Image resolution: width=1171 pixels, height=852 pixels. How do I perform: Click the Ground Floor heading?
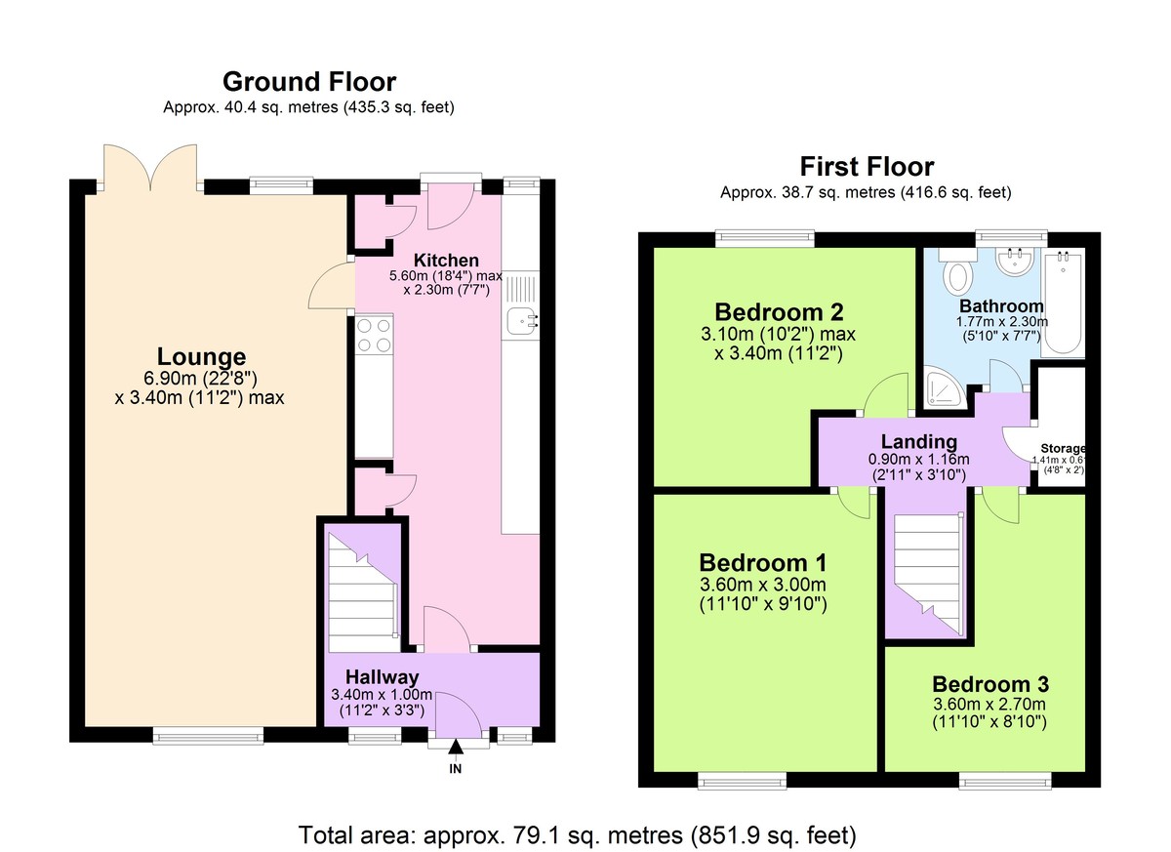click(309, 82)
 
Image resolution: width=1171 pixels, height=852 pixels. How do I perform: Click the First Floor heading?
click(867, 167)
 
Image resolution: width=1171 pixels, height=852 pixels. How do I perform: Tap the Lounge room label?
click(201, 357)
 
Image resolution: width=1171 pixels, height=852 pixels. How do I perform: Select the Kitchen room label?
click(446, 260)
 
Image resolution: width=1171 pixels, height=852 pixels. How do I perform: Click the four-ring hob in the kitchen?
click(374, 335)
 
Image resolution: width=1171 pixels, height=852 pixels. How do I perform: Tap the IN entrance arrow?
click(456, 747)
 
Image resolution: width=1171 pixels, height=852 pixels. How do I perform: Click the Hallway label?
click(383, 677)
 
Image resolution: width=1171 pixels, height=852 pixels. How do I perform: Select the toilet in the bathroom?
click(957, 270)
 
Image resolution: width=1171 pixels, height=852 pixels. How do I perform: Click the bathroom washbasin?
click(1014, 261)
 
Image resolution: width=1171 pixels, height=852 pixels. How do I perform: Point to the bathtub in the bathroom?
click(1063, 303)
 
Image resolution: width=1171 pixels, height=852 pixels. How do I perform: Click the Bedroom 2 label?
click(779, 312)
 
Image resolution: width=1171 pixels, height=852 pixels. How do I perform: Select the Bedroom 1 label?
click(763, 563)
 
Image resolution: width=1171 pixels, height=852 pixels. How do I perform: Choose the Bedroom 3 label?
click(990, 684)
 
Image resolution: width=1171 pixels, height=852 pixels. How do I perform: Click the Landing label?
click(919, 442)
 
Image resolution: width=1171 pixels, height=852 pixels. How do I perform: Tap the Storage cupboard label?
click(1063, 448)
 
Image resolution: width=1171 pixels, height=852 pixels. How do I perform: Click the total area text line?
click(577, 835)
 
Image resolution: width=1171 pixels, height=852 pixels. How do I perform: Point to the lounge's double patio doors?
click(150, 167)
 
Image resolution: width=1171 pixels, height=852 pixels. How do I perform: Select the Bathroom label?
click(1001, 305)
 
